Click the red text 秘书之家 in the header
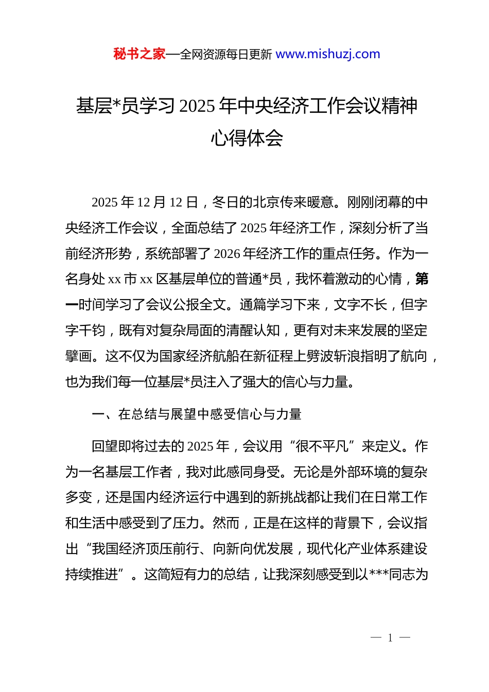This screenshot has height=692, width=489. [x=139, y=54]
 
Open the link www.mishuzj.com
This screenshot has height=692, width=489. [x=328, y=54]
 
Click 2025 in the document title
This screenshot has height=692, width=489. [x=197, y=106]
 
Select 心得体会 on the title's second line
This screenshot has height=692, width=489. [x=247, y=138]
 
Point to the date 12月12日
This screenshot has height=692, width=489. [x=167, y=202]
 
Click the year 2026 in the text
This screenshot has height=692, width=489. [x=227, y=254]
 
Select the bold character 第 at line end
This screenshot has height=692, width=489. [x=422, y=279]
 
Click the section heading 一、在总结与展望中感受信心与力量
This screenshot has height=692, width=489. [x=196, y=414]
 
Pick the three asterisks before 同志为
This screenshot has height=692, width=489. [x=379, y=574]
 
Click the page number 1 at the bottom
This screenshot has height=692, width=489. [x=390, y=638]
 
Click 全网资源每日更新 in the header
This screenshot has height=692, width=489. [x=226, y=55]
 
